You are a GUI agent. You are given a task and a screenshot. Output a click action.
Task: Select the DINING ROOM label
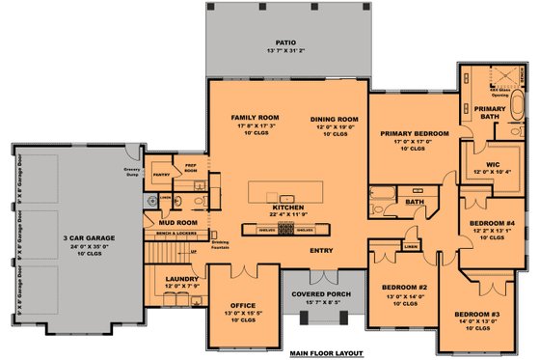328,118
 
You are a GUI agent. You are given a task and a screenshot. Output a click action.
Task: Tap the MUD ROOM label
172,222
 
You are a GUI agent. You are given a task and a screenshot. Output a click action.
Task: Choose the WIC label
492,164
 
